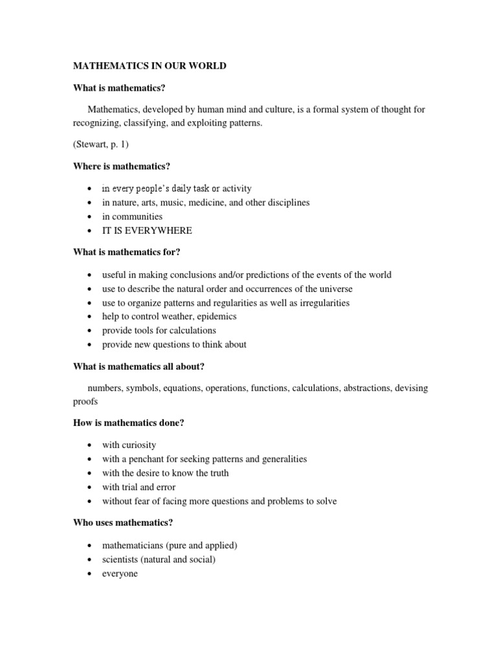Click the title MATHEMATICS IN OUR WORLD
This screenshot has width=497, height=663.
click(149, 67)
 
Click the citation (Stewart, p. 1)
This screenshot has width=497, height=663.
click(101, 145)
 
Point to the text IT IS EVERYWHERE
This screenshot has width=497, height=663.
click(147, 230)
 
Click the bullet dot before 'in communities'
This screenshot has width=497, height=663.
click(88, 217)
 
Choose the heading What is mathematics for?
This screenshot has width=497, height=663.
click(129, 253)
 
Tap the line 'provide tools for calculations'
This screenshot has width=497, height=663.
click(159, 330)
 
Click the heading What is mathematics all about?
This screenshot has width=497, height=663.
click(138, 366)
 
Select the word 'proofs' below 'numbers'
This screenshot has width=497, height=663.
click(86, 401)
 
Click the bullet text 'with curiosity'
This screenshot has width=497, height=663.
click(129, 445)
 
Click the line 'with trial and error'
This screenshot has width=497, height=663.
click(138, 487)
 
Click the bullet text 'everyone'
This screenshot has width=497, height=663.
click(120, 574)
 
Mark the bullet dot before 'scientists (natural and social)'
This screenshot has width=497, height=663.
click(88, 560)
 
